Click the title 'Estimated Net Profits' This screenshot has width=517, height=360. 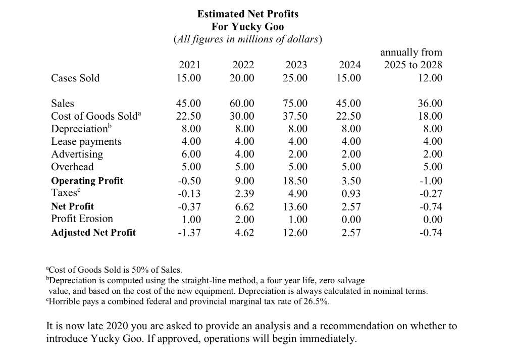pyautogui.click(x=247, y=14)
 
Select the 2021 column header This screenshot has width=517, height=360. pyautogui.click(x=190, y=65)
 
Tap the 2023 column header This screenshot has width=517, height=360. pyautogui.click(x=296, y=65)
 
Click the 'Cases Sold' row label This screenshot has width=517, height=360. pyautogui.click(x=76, y=78)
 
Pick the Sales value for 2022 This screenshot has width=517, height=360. pyautogui.click(x=242, y=104)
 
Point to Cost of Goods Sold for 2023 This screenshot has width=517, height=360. pyautogui.click(x=295, y=116)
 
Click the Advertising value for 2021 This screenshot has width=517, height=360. pyautogui.click(x=191, y=154)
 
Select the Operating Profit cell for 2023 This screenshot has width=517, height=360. pyautogui.click(x=295, y=181)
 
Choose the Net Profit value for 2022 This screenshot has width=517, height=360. pyautogui.click(x=243, y=207)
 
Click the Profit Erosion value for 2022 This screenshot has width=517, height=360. pyautogui.click(x=243, y=219)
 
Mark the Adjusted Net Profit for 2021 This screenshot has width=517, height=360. pyautogui.click(x=190, y=233)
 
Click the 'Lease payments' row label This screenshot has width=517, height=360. pyautogui.click(x=86, y=142)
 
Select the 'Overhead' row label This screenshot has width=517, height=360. pyautogui.click(x=72, y=167)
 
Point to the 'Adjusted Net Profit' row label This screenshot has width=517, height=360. pyautogui.click(x=93, y=233)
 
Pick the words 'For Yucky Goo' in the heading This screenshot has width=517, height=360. pyautogui.click(x=247, y=26)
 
